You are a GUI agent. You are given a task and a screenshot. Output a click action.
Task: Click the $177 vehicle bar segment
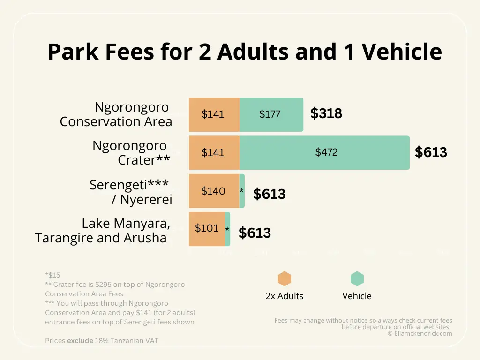coord(271,114)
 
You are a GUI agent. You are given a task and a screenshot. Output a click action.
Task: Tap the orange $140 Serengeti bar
coord(214,191)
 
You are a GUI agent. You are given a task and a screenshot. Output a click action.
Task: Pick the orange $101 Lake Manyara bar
coord(207,228)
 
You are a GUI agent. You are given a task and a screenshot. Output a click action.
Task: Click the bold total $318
coord(326,113)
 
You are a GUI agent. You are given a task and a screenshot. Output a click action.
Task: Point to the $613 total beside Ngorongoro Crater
coord(431,152)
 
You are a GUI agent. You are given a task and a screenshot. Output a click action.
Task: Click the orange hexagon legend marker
coord(285,279)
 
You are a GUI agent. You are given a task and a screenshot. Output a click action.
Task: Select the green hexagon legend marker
coord(357,279)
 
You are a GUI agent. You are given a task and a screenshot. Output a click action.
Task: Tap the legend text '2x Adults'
coord(285,296)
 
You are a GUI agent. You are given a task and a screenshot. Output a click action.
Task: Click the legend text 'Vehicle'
coord(357,296)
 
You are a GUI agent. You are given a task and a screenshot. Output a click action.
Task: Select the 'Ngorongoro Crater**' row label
coord(131,152)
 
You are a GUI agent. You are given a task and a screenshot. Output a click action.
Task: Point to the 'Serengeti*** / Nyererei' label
coord(131,192)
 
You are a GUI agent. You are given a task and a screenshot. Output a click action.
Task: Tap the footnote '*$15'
coord(52,275)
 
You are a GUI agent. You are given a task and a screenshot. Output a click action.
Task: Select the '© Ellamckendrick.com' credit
coord(420,334)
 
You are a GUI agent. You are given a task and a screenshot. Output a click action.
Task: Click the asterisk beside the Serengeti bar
coord(241,191)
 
